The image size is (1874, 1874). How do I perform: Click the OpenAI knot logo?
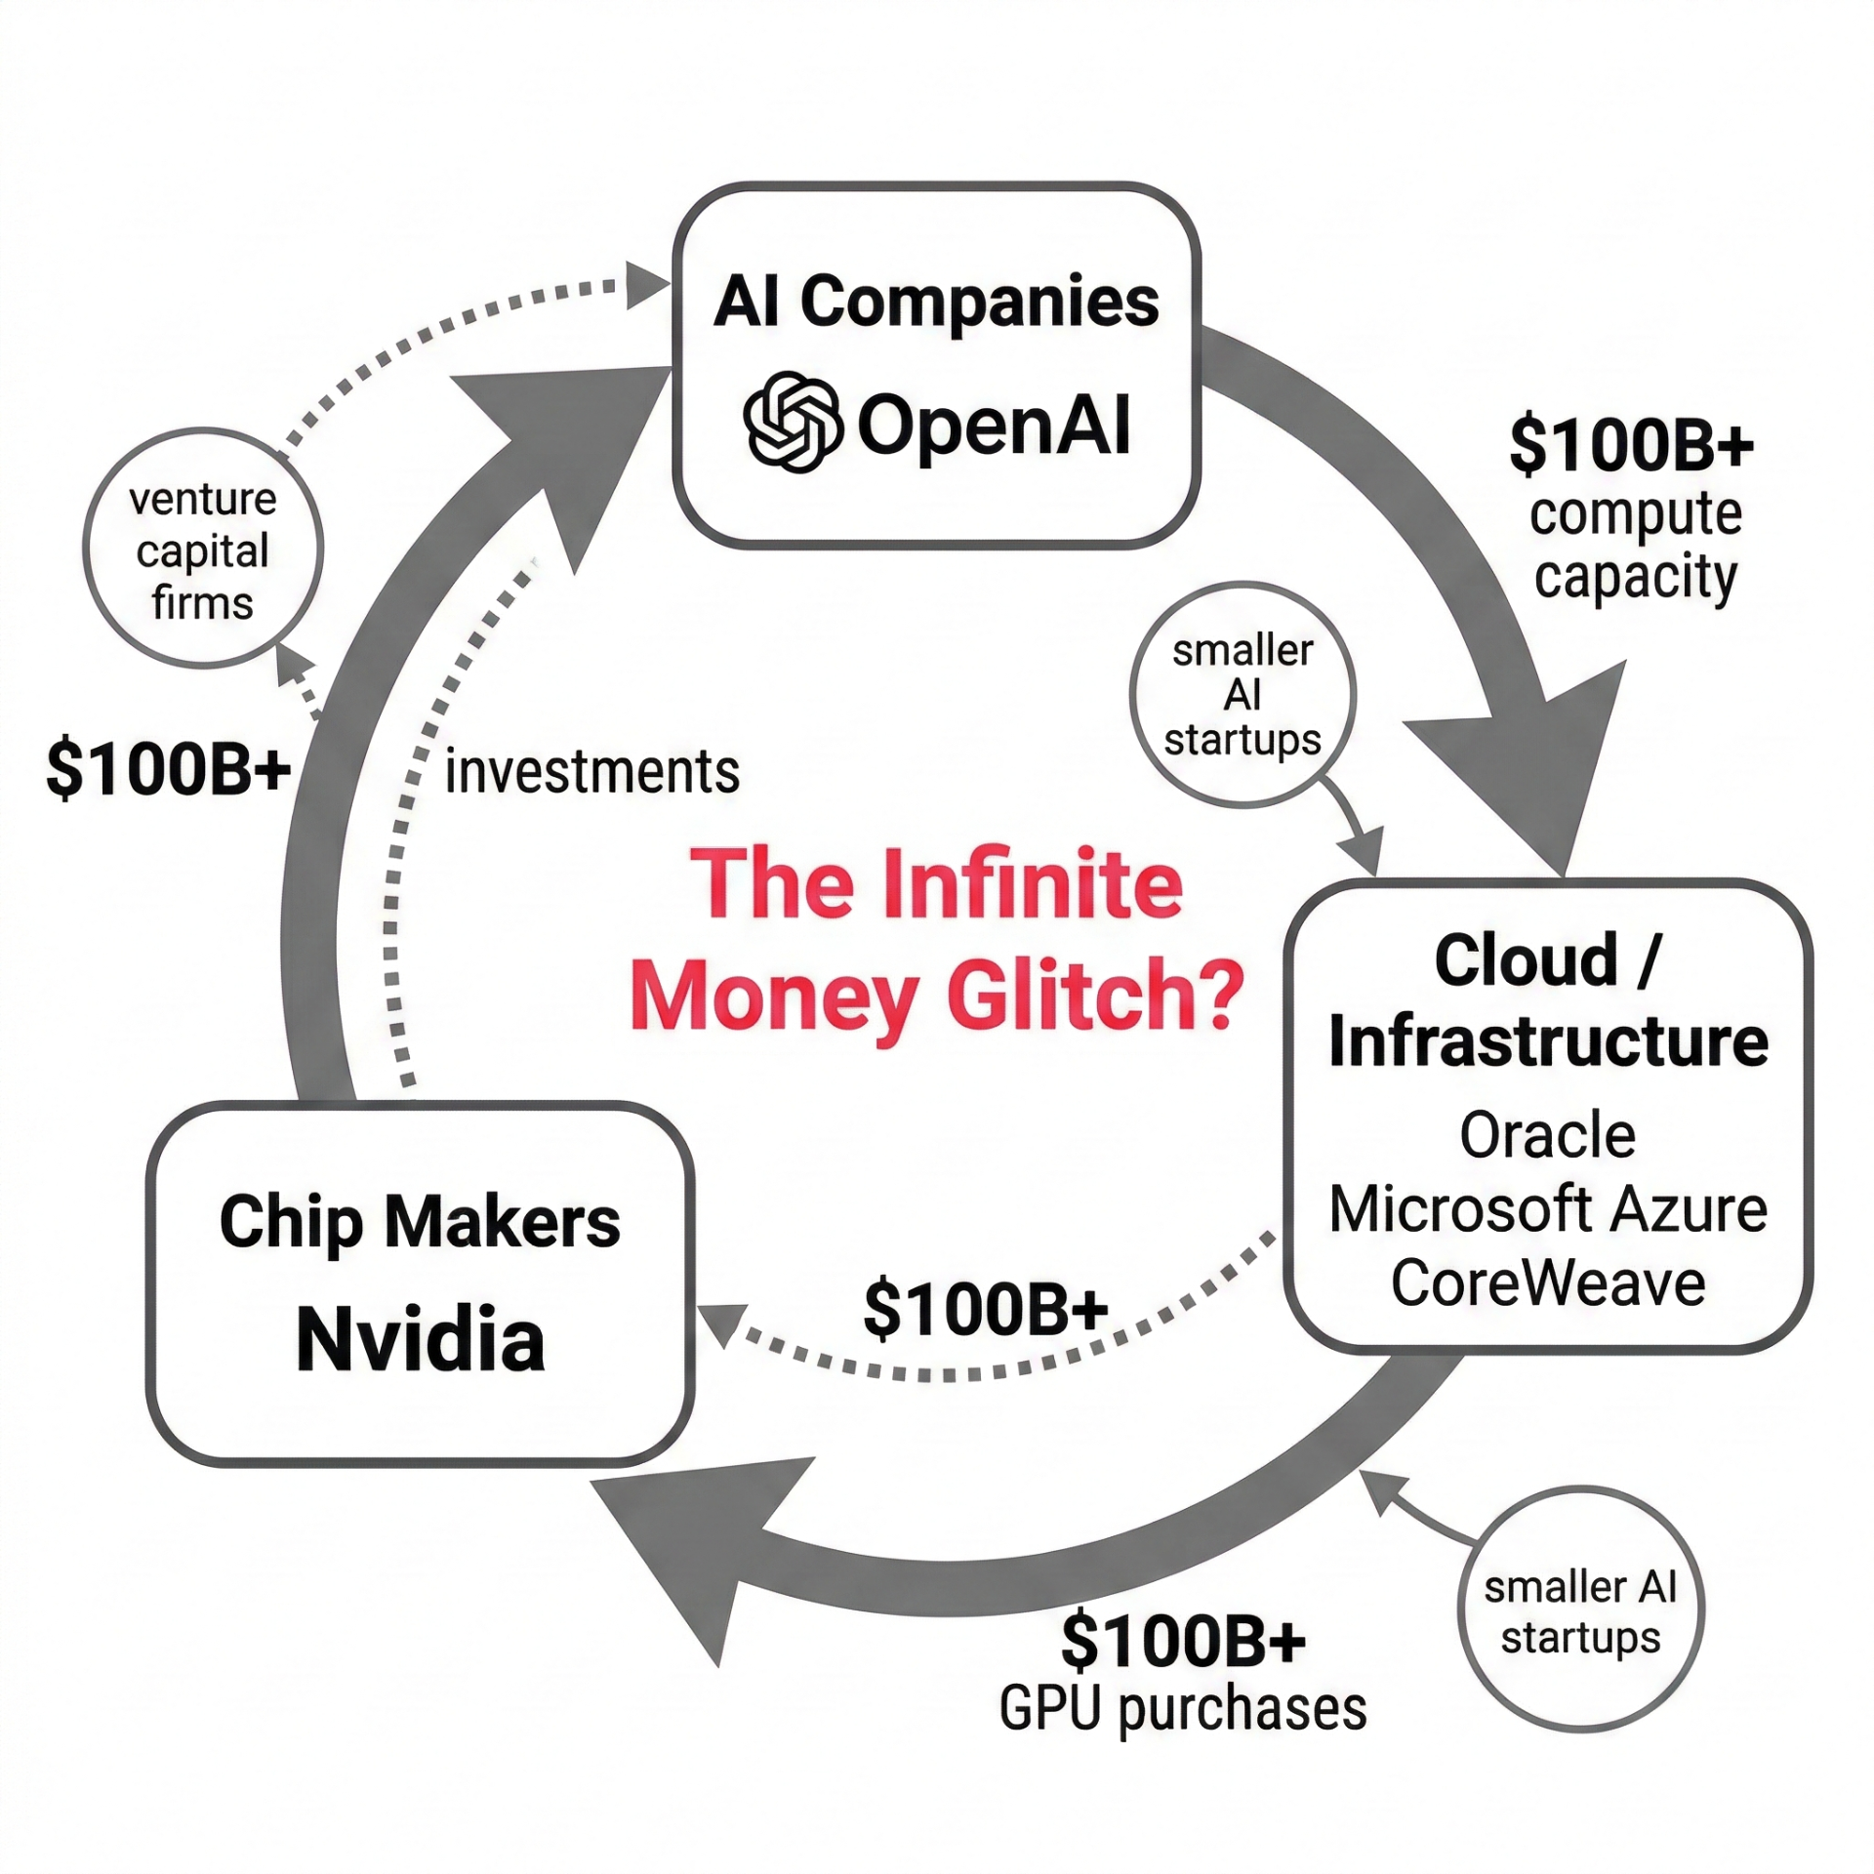click(793, 422)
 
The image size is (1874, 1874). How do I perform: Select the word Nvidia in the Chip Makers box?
click(420, 1339)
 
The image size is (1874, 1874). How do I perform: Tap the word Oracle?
click(1547, 1135)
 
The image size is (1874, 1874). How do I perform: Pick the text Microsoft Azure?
click(1548, 1209)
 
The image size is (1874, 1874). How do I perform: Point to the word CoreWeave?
click(1548, 1283)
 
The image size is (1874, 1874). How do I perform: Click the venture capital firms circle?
click(203, 550)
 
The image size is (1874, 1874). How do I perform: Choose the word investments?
click(591, 772)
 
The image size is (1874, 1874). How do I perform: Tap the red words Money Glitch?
click(937, 996)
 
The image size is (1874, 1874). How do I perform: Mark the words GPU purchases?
click(1183, 1710)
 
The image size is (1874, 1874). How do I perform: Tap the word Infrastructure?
click(1548, 1041)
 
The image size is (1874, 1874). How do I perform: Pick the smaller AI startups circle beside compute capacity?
click(1243, 695)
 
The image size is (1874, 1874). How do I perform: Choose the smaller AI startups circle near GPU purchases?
click(1580, 1611)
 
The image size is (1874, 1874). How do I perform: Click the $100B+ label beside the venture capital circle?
click(168, 769)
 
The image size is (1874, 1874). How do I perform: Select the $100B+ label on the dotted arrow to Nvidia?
click(986, 1309)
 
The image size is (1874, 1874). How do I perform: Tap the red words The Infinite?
click(937, 884)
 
